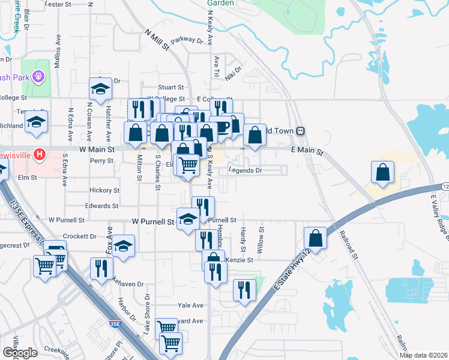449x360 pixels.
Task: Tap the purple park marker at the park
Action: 38,76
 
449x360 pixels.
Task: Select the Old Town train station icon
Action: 301,131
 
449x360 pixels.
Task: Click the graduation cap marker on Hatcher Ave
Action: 100,89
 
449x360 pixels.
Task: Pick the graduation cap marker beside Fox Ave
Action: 124,246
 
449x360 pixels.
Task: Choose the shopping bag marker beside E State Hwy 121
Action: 315,238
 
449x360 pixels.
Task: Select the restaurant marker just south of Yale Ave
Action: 243,292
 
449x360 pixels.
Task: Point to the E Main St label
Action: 307,153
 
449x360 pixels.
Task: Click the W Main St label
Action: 97,148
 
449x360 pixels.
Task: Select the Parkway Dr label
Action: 187,41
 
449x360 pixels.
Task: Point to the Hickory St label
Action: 104,190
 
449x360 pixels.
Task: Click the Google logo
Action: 20,353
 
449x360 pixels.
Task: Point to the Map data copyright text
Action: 423,355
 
